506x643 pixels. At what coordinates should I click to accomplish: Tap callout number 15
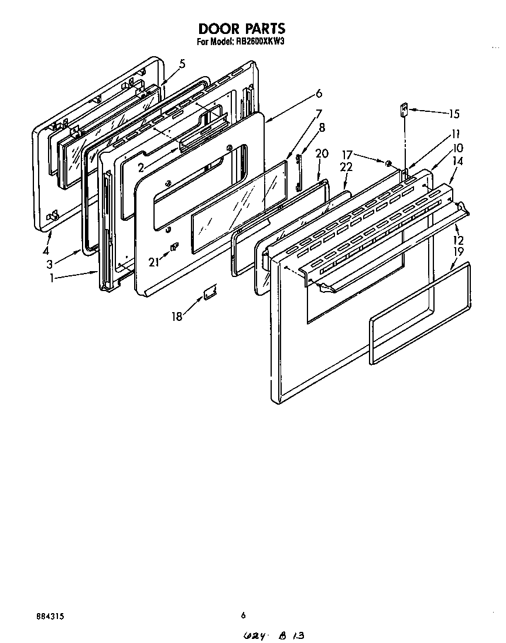454,114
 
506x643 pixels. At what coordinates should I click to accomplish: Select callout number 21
153,262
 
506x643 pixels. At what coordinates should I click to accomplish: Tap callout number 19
459,252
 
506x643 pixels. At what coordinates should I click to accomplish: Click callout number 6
319,93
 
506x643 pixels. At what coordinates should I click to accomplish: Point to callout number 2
141,167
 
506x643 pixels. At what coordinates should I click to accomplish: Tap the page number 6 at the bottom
242,615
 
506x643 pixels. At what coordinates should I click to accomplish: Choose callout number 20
322,154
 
